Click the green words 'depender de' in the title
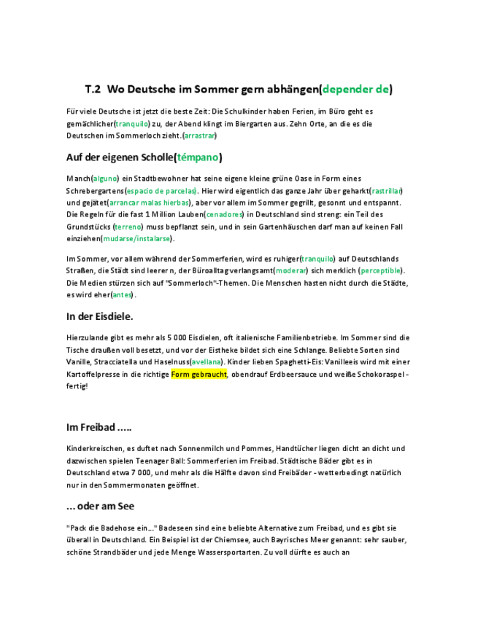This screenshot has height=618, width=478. (355, 90)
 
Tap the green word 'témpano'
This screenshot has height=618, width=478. (197, 157)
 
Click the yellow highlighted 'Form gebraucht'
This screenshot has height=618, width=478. (199, 374)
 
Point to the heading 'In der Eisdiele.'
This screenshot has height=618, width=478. (99, 316)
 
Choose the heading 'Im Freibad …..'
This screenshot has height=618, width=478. (99, 427)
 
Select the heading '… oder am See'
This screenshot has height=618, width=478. (100, 506)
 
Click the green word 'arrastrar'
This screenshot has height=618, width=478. (199, 136)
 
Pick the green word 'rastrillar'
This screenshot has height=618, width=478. (386, 190)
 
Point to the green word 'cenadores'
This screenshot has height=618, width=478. (225, 214)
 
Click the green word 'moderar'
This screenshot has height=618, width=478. (291, 270)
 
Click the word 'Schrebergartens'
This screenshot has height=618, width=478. (94, 190)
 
